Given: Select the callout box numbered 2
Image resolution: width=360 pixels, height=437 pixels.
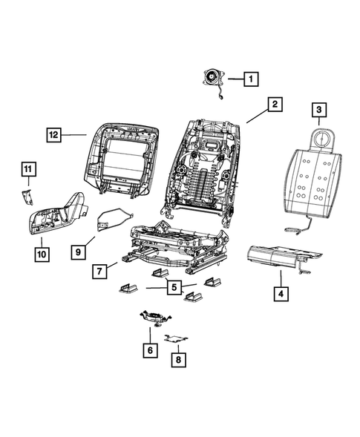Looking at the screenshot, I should tap(274, 105).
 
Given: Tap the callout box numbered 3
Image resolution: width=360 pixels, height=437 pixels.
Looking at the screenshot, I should tap(319, 111).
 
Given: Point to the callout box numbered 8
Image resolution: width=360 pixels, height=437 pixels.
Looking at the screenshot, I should tap(177, 359).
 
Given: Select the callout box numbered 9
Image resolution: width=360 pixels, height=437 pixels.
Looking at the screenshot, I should tap(78, 252).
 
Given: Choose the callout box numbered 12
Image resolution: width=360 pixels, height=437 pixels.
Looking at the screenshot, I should tap(53, 135).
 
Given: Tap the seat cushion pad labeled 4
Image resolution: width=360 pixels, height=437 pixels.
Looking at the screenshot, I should tap(282, 255).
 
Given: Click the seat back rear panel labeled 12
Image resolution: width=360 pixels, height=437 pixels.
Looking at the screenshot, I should tap(122, 160).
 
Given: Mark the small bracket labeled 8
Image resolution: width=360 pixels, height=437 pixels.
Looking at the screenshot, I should tap(175, 338).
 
